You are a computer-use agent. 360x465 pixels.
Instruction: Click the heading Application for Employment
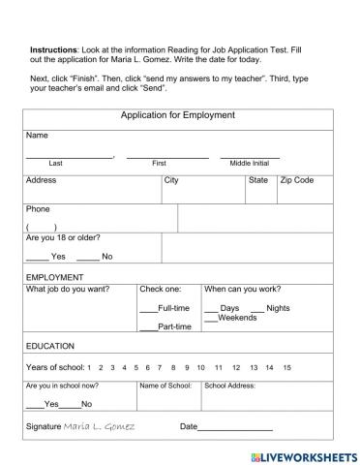[177, 115]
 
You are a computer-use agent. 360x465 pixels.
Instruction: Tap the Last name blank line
[69, 156]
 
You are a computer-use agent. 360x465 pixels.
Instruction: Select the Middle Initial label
[249, 164]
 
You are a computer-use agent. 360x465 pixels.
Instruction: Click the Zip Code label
[297, 180]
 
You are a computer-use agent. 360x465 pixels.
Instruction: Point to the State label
[258, 180]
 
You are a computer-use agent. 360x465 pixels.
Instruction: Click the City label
[171, 180]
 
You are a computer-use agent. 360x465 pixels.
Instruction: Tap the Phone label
[38, 209]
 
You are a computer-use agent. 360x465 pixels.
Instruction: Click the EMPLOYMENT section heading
[55, 277]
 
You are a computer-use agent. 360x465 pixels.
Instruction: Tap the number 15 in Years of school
[286, 368]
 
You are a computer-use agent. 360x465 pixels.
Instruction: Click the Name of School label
[165, 386]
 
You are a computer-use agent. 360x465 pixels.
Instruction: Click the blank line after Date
[235, 427]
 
